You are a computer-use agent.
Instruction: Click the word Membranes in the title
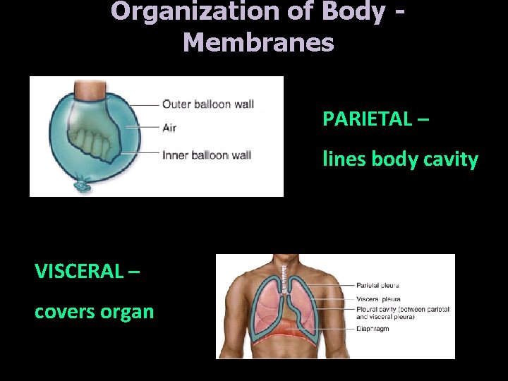point(258,42)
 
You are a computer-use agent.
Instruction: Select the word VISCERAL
point(78,270)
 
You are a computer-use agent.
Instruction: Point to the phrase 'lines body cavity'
point(400,159)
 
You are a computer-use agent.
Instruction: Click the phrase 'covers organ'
point(94,311)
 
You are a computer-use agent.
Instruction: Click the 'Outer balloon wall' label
point(207,104)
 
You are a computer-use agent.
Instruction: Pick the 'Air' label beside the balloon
point(169,128)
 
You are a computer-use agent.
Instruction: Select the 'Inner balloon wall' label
point(207,155)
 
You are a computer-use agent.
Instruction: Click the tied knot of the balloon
point(83,186)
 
